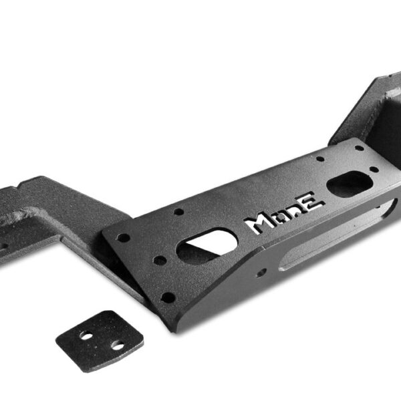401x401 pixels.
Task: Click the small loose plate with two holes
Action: point(100,342)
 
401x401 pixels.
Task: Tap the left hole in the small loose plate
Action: point(86,336)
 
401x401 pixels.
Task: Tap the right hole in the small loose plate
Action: point(118,346)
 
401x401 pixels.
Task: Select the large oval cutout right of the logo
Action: point(350,183)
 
